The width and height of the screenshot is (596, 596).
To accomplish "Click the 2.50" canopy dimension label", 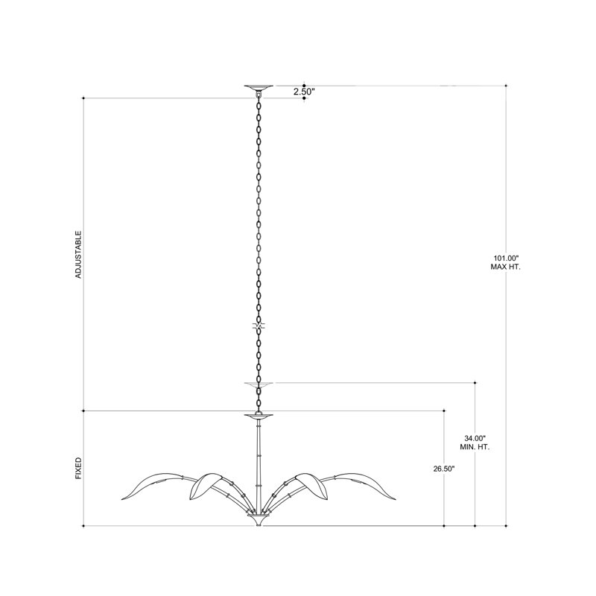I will (304, 92).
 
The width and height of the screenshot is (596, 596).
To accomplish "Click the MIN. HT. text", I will (475, 447).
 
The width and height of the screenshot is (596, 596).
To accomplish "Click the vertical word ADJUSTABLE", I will (78, 255).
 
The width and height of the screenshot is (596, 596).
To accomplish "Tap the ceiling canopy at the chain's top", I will (259, 87).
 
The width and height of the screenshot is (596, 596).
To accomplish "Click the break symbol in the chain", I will (259, 327).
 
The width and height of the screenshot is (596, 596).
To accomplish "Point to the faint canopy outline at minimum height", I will (259, 384).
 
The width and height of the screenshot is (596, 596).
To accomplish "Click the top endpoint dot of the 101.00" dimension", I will (507, 86).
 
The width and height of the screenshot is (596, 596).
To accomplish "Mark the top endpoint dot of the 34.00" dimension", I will (475, 383).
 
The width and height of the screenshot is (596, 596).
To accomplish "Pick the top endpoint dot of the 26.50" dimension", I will (445, 410).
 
